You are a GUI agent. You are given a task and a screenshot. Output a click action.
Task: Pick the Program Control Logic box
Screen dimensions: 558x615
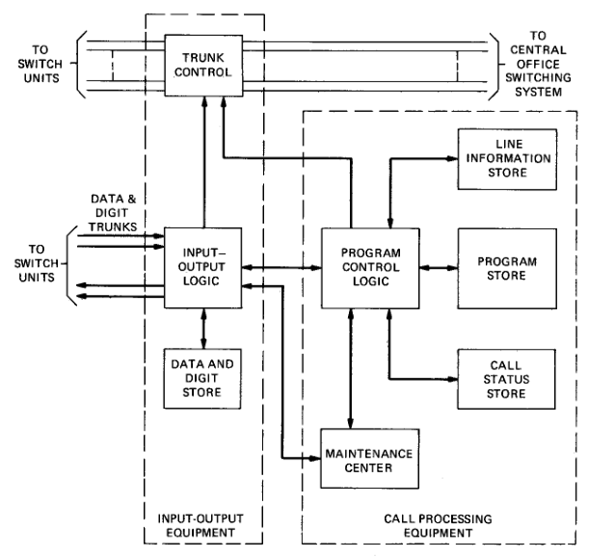tap(370, 267)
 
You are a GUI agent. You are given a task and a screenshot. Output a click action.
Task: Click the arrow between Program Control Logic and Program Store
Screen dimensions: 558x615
tap(438, 267)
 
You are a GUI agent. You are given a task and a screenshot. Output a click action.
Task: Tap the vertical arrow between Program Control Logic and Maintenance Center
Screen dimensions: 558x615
tap(351, 366)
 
